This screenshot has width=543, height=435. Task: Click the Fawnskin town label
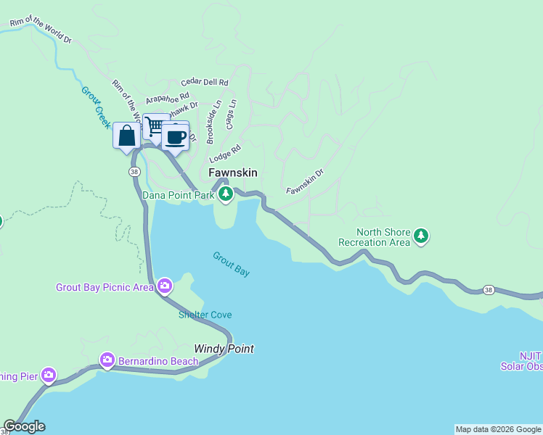click(x=232, y=173)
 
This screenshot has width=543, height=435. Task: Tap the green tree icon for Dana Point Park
click(x=226, y=194)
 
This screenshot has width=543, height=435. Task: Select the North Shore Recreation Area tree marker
click(x=421, y=236)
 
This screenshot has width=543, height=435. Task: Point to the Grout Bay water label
click(x=232, y=264)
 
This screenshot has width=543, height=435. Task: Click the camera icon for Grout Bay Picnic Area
click(x=165, y=286)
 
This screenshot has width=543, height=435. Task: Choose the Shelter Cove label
click(x=205, y=315)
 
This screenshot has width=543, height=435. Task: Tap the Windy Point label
click(x=224, y=349)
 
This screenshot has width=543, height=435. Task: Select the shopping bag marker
click(x=126, y=136)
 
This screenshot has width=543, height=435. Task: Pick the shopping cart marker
click(x=155, y=125)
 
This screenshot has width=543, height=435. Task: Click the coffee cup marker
click(x=176, y=136)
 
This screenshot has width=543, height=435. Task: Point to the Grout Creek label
click(x=91, y=107)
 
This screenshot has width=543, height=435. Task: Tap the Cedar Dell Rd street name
click(x=205, y=83)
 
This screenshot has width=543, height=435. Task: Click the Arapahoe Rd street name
click(x=167, y=97)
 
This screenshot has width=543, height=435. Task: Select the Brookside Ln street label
click(x=211, y=122)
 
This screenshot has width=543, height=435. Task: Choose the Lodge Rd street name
click(x=224, y=154)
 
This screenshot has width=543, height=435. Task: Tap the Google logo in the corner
click(x=24, y=426)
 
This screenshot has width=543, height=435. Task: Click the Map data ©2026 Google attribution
click(x=498, y=429)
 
